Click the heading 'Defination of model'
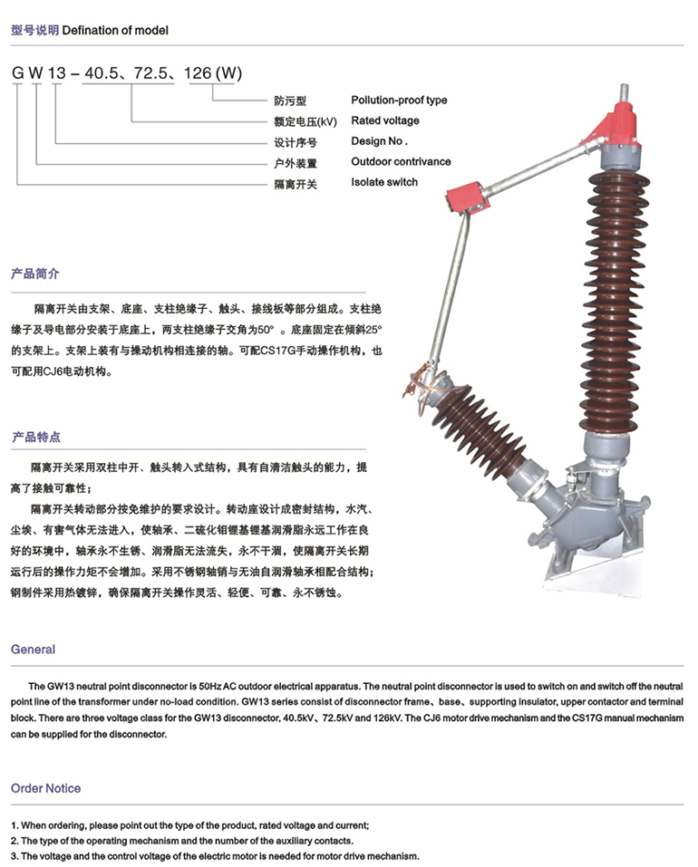click(115, 30)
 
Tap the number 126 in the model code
click(199, 73)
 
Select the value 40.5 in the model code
click(101, 73)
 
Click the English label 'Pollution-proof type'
click(399, 101)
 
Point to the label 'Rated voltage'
click(385, 120)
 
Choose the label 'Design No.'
click(380, 141)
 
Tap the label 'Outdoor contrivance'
click(401, 162)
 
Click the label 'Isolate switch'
click(384, 182)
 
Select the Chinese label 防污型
click(289, 101)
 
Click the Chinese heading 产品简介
click(35, 273)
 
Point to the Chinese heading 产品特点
click(35, 437)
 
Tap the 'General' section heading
click(33, 650)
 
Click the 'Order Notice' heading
click(45, 788)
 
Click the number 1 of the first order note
click(14, 825)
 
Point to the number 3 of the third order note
click(14, 856)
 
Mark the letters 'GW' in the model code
click(25, 73)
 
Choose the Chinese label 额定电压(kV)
click(305, 121)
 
